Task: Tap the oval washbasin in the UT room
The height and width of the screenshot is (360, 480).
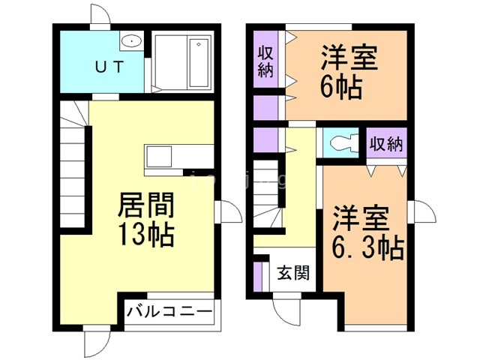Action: click(131, 40)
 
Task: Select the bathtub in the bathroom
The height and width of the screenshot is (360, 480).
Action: click(198, 62)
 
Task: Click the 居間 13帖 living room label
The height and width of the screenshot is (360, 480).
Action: click(146, 220)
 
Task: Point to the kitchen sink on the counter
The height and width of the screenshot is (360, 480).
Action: click(159, 156)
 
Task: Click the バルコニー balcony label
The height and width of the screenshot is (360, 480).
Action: click(169, 312)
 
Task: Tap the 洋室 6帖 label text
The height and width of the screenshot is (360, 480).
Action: click(348, 71)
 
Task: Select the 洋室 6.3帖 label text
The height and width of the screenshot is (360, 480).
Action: click(367, 233)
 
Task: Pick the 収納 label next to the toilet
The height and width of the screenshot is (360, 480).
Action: click(386, 143)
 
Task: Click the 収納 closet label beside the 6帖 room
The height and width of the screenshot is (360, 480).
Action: click(265, 61)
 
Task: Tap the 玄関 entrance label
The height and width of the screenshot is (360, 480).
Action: click(293, 272)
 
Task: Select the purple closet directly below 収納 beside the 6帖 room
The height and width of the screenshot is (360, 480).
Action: click(265, 108)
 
